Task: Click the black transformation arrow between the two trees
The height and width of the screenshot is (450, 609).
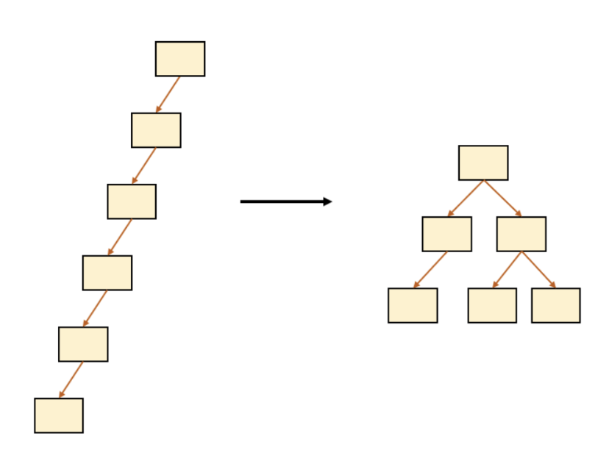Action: (x=285, y=201)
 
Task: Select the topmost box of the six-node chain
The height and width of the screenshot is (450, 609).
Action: (x=180, y=59)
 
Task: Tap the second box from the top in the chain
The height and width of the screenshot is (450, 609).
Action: (x=156, y=130)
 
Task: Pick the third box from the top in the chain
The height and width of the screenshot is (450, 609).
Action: (x=132, y=201)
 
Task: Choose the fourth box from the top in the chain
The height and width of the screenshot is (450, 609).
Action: (x=107, y=273)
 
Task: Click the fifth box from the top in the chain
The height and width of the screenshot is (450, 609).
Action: (x=83, y=344)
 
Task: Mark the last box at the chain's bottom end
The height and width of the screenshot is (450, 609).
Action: (x=59, y=415)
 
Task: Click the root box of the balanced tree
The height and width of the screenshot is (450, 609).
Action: (x=483, y=162)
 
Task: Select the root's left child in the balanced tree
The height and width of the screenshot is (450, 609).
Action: (x=446, y=234)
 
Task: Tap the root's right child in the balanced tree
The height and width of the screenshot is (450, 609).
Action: (x=521, y=234)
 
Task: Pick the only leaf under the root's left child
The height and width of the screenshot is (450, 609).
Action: (x=413, y=305)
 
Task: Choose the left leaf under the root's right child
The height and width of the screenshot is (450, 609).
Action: (x=492, y=305)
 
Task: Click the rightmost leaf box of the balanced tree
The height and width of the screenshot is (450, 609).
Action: (x=555, y=305)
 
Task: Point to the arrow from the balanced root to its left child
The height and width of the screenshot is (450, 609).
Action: (x=466, y=199)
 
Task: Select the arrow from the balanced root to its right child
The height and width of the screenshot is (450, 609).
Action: (x=502, y=199)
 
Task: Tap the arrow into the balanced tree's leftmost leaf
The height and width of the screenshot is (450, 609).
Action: (x=430, y=269)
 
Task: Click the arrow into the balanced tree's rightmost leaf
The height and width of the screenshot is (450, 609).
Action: (x=538, y=269)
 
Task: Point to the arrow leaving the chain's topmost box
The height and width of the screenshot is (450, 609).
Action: (x=168, y=94)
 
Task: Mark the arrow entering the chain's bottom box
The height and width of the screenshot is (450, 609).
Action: (x=71, y=379)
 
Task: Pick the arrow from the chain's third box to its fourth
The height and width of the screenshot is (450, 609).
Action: (x=120, y=237)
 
